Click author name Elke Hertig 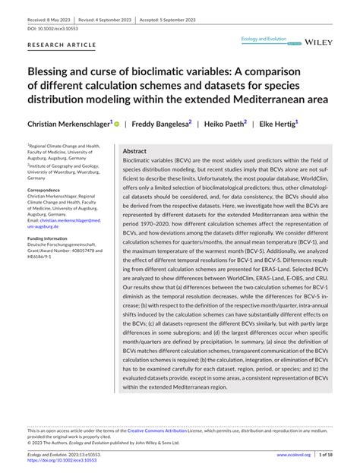[x=277, y=122]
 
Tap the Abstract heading [x=134, y=151]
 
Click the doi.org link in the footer [x=63, y=459]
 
